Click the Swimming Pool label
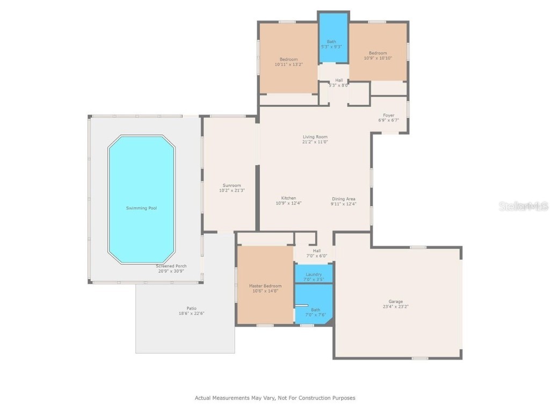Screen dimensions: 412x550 (142, 208)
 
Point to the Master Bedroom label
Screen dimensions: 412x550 (265, 286)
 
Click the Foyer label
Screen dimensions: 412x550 (388, 115)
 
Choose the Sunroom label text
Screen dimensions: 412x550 (231, 186)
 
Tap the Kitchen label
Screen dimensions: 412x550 (288, 198)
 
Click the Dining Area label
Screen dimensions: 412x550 (343, 198)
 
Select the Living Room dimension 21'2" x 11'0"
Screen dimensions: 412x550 (315, 142)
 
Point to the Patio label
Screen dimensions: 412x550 (191, 308)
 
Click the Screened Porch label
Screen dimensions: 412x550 (171, 266)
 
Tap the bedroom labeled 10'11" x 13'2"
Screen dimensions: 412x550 (288, 59)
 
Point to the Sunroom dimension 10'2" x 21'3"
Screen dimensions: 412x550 (231, 190)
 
